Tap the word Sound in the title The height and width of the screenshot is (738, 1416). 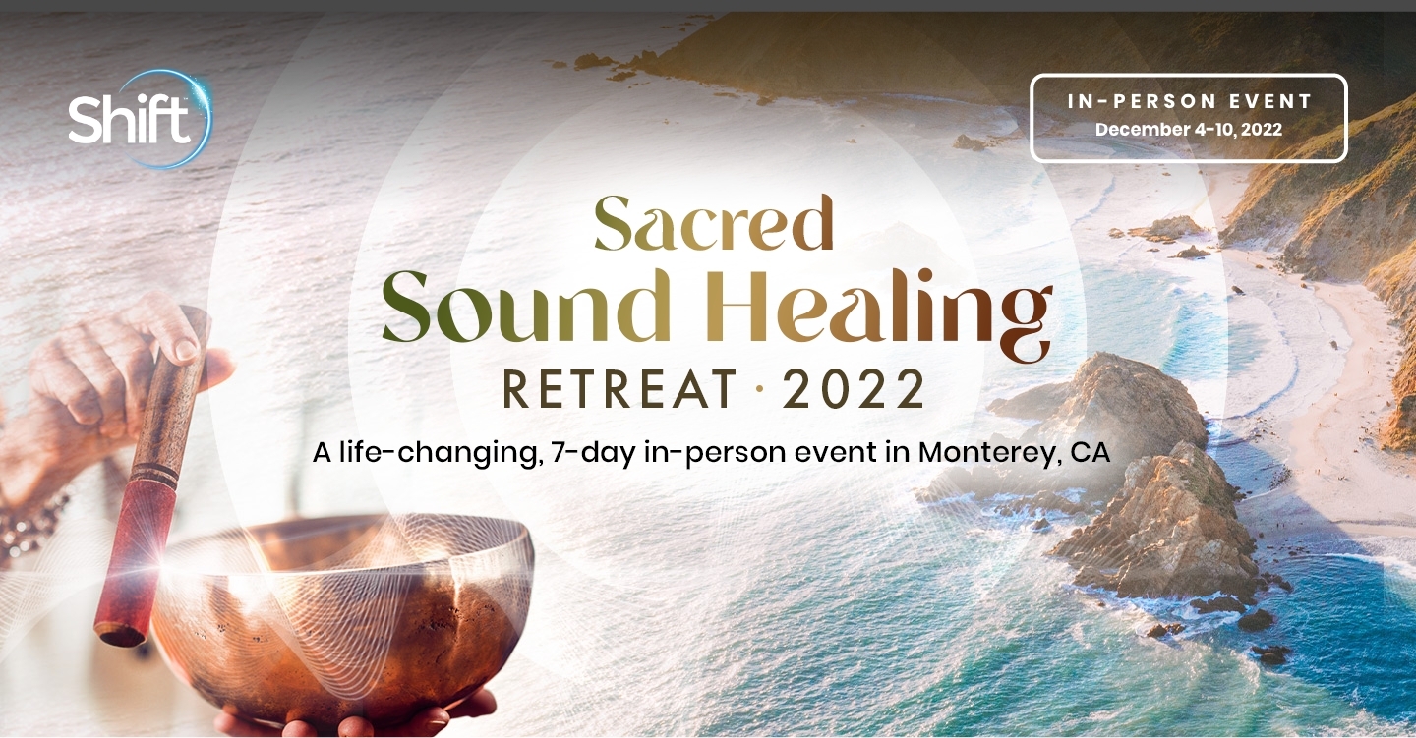[526, 307]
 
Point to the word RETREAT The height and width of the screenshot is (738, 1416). [620, 389]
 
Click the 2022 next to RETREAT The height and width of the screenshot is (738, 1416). [854, 390]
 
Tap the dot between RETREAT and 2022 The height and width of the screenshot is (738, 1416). [760, 390]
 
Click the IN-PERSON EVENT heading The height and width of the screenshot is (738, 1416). [1190, 102]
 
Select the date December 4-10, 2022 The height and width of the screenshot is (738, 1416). [1189, 130]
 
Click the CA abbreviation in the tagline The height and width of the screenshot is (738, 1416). [1091, 452]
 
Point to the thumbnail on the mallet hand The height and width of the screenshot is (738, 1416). [186, 349]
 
